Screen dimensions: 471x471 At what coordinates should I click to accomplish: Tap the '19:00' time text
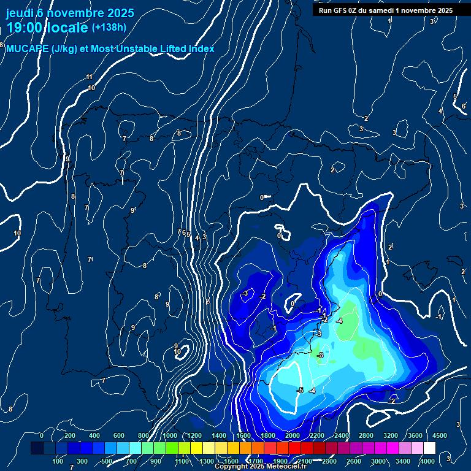click(28, 28)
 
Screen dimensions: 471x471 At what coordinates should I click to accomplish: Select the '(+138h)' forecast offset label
click(109, 27)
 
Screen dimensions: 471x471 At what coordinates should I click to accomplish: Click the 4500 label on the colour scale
click(440, 435)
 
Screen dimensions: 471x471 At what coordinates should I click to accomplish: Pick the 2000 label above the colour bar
click(293, 435)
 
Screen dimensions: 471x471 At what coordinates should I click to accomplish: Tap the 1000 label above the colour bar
click(169, 435)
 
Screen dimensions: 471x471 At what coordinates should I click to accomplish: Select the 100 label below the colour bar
click(58, 461)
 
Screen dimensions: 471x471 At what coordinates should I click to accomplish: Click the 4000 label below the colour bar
click(427, 461)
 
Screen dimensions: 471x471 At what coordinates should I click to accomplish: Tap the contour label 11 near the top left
click(90, 77)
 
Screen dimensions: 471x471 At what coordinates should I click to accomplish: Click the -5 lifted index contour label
click(300, 390)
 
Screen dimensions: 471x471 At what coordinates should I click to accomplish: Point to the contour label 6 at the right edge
click(463, 106)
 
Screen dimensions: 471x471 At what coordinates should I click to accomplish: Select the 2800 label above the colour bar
click(366, 435)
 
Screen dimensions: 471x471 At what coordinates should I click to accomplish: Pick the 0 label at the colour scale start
click(42, 435)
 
